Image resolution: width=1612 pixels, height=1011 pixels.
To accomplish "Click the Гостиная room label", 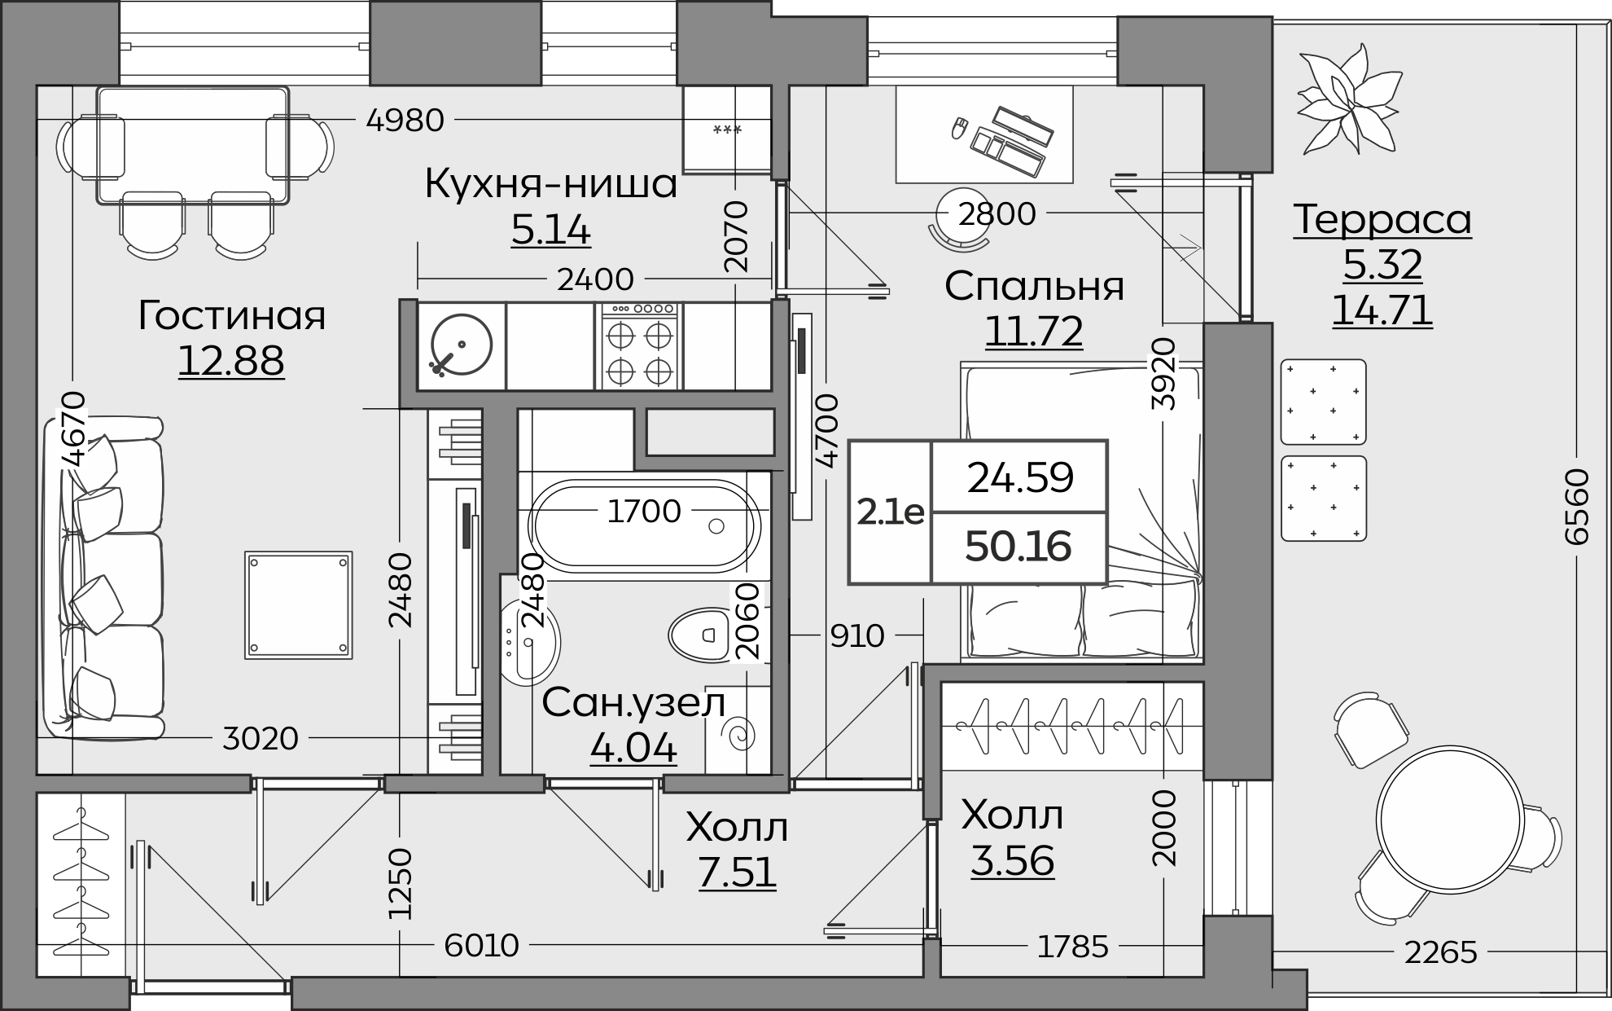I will [x=231, y=315].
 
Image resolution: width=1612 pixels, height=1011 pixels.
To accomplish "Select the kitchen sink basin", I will [x=461, y=345].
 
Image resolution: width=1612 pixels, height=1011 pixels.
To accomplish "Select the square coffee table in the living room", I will [x=299, y=604].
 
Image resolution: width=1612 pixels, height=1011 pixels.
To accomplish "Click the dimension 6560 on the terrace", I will [x=1576, y=506].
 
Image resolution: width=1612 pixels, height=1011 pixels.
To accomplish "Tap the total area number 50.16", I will [x=1018, y=547].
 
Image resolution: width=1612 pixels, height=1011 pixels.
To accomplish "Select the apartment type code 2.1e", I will [x=890, y=512].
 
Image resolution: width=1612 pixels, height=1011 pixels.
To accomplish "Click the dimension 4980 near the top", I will [x=405, y=121].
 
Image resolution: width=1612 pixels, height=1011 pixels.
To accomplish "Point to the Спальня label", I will [x=1034, y=286].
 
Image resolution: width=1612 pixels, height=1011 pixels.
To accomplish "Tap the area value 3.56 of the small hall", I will [x=1012, y=861].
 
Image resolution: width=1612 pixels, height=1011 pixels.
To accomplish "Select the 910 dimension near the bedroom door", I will [x=856, y=635].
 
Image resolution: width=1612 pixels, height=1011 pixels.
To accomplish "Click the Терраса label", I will [x=1382, y=219].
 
